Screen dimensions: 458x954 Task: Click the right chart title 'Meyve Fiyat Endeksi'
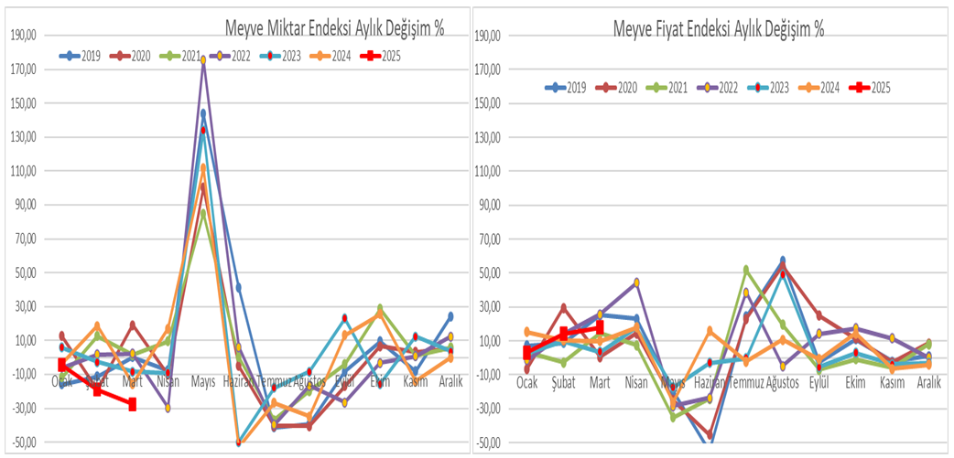coord(718,28)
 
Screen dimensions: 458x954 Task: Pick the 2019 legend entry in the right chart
coord(566,88)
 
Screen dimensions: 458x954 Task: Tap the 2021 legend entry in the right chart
coord(669,88)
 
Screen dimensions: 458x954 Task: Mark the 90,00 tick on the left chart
coord(24,205)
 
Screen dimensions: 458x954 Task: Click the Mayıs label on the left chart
coord(202,382)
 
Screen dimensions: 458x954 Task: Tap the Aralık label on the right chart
coord(927,382)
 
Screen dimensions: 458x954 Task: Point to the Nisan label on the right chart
coord(635,382)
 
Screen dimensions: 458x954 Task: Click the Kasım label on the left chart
coord(415,382)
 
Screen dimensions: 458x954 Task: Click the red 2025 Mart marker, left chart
coord(132,404)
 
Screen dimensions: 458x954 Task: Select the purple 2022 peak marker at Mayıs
coord(203,60)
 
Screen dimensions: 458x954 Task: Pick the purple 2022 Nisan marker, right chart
coord(635,282)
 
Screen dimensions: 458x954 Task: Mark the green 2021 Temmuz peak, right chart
coord(746,270)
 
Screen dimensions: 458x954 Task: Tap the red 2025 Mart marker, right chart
coord(600,327)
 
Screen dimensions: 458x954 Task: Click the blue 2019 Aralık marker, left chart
coord(450,316)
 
